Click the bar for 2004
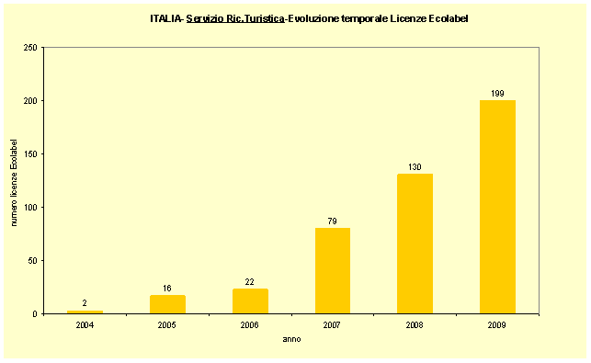(85, 312)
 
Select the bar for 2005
(167, 304)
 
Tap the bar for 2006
(250, 301)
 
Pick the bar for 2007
(333, 271)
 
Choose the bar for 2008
(415, 244)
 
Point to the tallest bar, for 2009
(497, 207)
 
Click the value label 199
(497, 93)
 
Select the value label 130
(415, 166)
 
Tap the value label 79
(333, 221)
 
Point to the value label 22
(250, 281)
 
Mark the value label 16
(167, 288)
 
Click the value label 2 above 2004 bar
(85, 302)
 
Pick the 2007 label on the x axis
(333, 323)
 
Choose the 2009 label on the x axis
(497, 323)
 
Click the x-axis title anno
(291, 338)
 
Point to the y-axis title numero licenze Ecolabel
(15, 180)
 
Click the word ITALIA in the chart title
(165, 17)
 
